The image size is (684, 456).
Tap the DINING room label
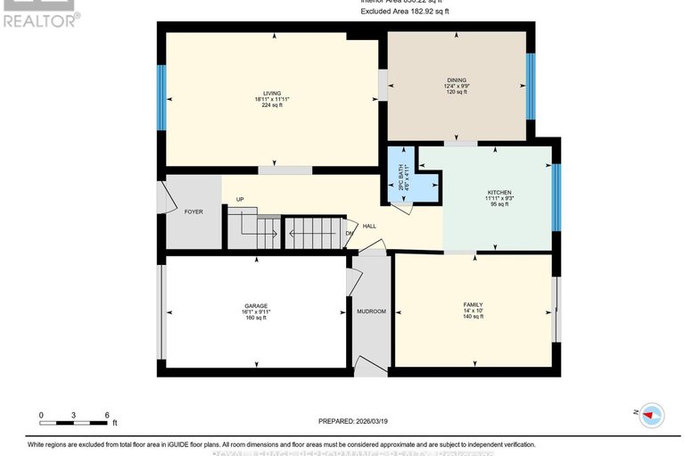click(457, 80)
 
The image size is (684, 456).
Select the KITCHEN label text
click(499, 193)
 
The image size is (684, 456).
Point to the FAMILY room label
click(473, 304)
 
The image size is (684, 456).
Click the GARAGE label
click(256, 306)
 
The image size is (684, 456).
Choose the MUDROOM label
click(370, 311)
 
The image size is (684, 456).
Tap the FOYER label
click(194, 211)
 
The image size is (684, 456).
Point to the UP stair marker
click(240, 199)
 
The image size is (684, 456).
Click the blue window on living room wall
click(161, 99)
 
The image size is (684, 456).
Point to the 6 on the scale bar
click(107, 415)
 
